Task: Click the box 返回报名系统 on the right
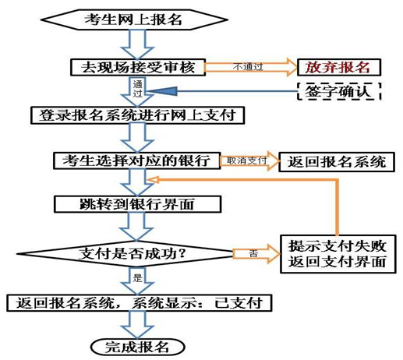click(336, 162)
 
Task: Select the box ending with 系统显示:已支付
click(138, 300)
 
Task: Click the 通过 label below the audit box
click(138, 88)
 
